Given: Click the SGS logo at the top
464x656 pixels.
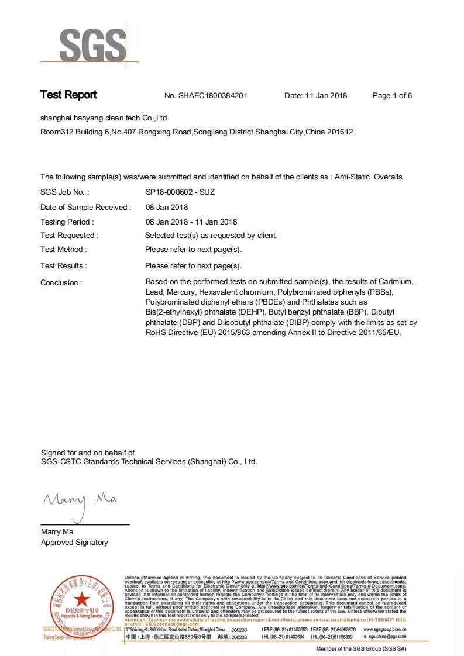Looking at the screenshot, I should point(92,44).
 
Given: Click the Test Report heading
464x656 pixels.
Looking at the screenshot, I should point(68,95).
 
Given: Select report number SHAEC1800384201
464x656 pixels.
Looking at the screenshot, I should point(213,96).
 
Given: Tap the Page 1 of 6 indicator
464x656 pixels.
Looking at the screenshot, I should point(392,96).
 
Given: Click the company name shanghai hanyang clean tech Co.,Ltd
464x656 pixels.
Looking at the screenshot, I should point(104,118).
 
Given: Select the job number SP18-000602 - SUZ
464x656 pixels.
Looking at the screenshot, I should point(180,192).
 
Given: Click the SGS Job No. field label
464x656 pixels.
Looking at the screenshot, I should point(64,192).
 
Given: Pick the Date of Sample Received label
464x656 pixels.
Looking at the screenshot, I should point(85,207).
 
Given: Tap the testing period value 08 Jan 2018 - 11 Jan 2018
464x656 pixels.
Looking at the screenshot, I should point(191,222).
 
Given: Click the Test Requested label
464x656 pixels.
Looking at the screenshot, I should point(69,235).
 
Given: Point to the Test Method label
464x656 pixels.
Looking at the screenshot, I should point(63,250).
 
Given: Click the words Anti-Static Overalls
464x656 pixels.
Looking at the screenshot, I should point(368,177).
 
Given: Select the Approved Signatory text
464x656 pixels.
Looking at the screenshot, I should point(74,543).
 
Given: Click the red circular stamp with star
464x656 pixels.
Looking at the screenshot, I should point(82,600).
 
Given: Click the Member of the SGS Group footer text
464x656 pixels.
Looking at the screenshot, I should point(361,649).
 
